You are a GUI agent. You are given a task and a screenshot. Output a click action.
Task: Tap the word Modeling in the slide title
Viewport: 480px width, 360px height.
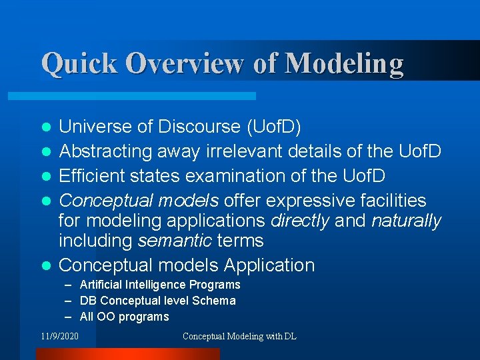click(x=344, y=63)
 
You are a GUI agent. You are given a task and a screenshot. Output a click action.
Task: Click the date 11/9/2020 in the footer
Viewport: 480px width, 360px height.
click(x=59, y=337)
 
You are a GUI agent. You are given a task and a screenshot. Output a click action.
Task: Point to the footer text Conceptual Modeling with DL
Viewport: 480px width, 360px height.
click(x=239, y=337)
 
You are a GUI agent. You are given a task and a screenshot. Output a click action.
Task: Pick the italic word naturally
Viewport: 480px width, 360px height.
click(x=406, y=221)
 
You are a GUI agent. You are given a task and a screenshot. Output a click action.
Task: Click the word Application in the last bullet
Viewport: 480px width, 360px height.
click(x=269, y=265)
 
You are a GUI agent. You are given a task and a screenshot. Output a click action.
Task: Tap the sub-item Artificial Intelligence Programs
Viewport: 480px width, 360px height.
click(x=160, y=285)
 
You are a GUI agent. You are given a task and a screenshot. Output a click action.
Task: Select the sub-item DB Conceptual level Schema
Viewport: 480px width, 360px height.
click(x=157, y=301)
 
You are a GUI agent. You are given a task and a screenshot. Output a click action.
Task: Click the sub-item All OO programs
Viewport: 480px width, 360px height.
click(x=124, y=317)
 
